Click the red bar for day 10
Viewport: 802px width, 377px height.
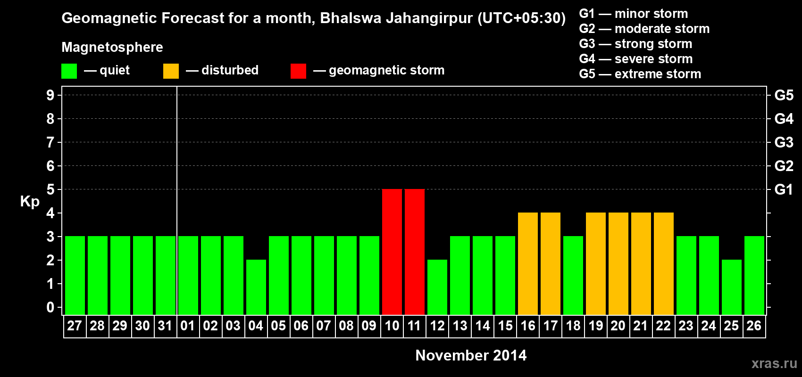pos(392,252)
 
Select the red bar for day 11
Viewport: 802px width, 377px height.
pos(415,252)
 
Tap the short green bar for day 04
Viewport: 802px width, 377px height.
pos(256,287)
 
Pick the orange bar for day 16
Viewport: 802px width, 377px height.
pos(528,263)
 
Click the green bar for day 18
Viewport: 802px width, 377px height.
pos(573,275)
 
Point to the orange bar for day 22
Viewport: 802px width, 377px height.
pos(664,263)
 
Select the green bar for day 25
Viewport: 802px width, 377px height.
pos(732,287)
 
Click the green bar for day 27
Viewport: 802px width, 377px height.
pos(75,275)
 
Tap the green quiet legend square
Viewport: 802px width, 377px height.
pos(69,71)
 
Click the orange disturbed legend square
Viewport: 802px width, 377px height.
pos(171,71)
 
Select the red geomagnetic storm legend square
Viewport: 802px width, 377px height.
pos(298,71)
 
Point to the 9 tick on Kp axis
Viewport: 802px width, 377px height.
pos(50,95)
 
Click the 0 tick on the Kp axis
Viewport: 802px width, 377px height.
pos(50,307)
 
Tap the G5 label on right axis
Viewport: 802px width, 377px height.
pos(784,95)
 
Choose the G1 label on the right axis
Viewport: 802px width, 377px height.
pos(784,189)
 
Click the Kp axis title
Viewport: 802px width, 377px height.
pos(30,202)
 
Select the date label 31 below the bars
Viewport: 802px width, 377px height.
pos(165,326)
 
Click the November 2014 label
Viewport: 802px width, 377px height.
pos(471,355)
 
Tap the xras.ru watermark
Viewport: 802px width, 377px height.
pos(774,363)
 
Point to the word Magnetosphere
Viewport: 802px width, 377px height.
pos(112,47)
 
